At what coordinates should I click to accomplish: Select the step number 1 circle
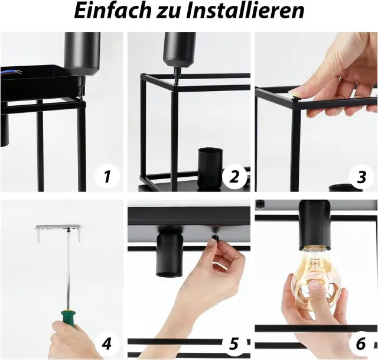107,176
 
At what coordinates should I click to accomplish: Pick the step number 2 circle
234,176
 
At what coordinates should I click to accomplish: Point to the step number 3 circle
361,177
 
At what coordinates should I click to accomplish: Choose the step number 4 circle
107,343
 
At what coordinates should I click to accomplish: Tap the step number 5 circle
234,343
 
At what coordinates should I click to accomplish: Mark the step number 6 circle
361,343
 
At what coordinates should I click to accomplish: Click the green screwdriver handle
69,319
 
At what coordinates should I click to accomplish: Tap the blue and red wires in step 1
11,72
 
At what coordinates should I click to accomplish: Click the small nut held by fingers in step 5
214,239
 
